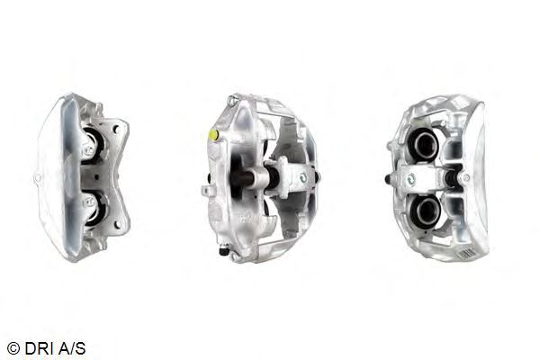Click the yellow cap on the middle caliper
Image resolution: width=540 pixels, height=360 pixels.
point(214,135)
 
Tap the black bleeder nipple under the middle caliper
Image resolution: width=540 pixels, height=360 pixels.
point(224,252)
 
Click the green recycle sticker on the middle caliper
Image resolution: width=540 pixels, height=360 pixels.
point(302,178)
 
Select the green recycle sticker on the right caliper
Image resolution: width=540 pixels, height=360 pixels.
point(411,179)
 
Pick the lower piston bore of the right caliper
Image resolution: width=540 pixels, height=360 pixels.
point(425,209)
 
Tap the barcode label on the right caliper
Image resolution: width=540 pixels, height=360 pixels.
point(466,254)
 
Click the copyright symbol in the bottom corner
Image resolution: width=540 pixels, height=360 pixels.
point(13,348)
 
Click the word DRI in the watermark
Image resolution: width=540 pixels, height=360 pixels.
point(38,348)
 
